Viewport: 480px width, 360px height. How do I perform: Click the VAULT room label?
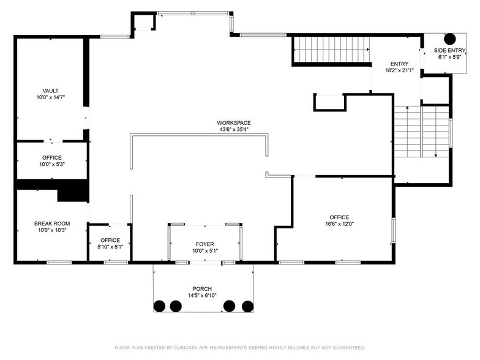pos(50,91)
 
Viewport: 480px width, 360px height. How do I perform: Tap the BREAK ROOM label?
pos(52,223)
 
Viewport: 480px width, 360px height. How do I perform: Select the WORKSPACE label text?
pos(234,122)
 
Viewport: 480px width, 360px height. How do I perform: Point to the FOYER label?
pos(204,244)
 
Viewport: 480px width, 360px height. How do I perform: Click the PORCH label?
pos(202,289)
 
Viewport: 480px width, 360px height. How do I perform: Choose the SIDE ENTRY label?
pos(449,50)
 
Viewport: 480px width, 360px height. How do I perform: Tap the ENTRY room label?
pos(399,64)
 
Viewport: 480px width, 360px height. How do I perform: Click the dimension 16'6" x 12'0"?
pos(339,224)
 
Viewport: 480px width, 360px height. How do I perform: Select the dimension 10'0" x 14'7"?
pos(51,97)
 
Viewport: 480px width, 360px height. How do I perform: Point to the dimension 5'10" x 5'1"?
pos(110,247)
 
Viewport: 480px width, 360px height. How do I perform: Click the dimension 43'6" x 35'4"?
pos(234,130)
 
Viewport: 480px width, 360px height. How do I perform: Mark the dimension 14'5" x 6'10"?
pos(202,295)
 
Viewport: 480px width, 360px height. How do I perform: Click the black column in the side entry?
pos(449,39)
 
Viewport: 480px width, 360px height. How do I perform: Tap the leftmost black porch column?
pos(159,306)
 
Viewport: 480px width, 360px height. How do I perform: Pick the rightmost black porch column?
pos(247,306)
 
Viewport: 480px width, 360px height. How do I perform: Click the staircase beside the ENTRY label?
pos(332,50)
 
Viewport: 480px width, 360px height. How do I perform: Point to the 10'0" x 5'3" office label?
pos(52,161)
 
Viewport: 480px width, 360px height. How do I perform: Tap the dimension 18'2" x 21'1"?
pos(399,70)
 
